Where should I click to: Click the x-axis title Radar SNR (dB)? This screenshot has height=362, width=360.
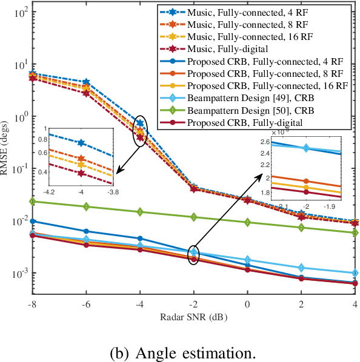(193, 317)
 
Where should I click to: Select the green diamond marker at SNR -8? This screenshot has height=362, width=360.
(33, 202)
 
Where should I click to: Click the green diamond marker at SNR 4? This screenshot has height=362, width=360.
(355, 232)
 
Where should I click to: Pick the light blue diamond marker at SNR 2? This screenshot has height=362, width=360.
(301, 268)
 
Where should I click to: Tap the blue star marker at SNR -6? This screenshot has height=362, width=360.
(86, 82)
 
